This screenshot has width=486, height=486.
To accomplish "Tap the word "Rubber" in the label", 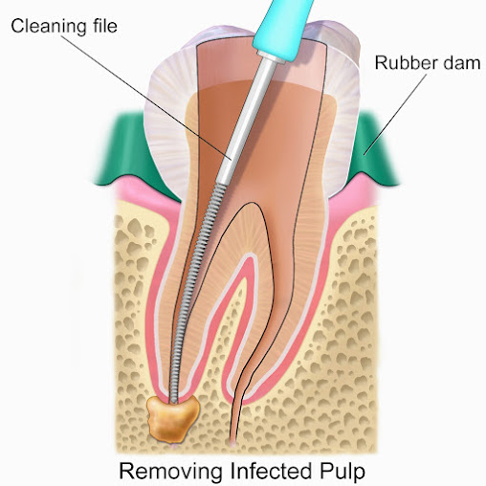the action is point(403,62).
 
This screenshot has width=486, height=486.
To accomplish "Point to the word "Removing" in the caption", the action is point(170,472).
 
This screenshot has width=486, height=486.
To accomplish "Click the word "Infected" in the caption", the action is point(271,471).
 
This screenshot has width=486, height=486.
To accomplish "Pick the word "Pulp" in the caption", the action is point(342,472).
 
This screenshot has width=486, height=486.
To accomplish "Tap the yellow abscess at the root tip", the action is point(172,419).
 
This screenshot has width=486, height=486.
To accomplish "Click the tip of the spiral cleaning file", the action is point(173,401).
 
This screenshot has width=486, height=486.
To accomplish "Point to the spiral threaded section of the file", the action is point(196,292).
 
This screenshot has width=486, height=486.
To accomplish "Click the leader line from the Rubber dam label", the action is point(395,115).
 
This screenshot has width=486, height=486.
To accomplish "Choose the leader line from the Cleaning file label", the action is point(145,98).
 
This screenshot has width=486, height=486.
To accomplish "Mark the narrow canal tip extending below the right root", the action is point(236,411).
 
